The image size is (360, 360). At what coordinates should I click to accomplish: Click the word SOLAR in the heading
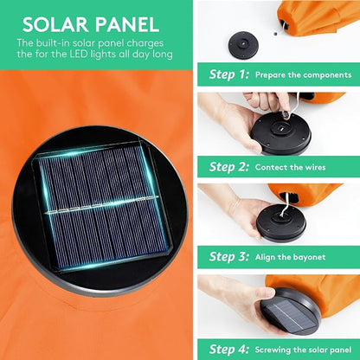pyautogui.click(x=55, y=24)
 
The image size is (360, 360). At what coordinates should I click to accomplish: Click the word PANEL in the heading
pyautogui.click(x=127, y=24)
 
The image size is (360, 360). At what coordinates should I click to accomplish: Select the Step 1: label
pyautogui.click(x=229, y=74)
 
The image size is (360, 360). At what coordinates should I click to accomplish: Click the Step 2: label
pyautogui.click(x=229, y=167)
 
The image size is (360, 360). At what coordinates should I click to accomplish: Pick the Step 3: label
pyautogui.click(x=229, y=256)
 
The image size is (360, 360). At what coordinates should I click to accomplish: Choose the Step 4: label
pyautogui.click(x=229, y=349)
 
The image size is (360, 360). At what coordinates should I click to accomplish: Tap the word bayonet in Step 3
pyautogui.click(x=308, y=257)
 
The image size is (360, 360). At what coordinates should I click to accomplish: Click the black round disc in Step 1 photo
pyautogui.click(x=243, y=45)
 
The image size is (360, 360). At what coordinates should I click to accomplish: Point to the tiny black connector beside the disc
pyautogui.click(x=275, y=34)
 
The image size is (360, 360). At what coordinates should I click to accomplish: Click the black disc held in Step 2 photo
pyautogui.click(x=281, y=134)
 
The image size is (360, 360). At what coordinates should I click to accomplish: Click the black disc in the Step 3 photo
pyautogui.click(x=281, y=223)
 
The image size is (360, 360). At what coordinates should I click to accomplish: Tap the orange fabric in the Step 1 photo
pyautogui.click(x=318, y=17)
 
